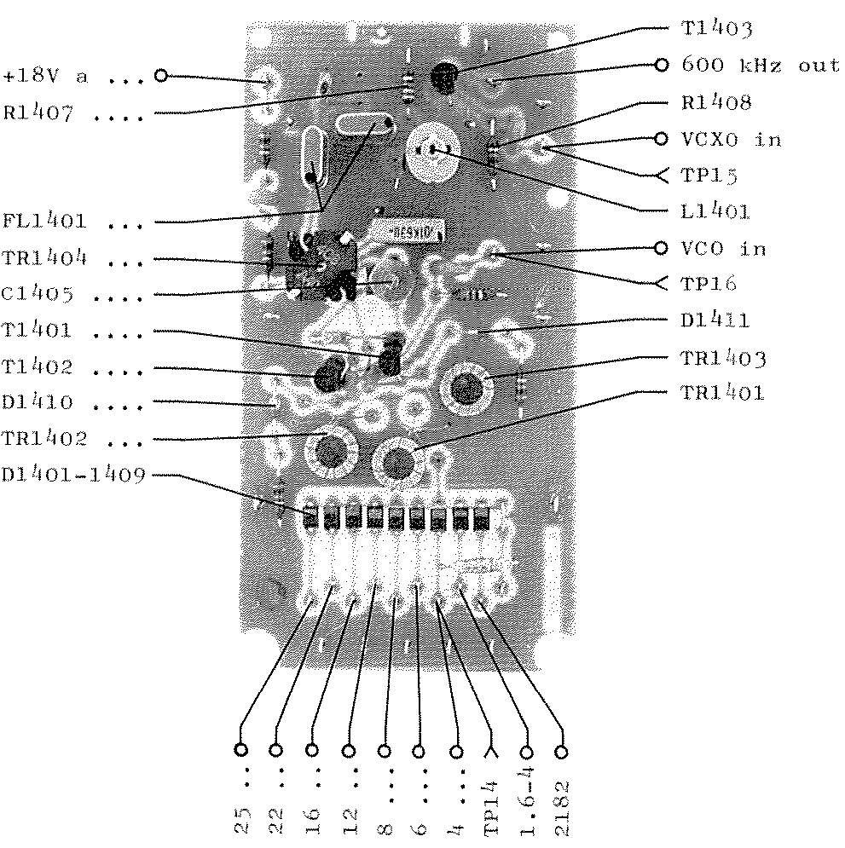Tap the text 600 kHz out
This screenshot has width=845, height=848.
[761, 66]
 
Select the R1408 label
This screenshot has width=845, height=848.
[717, 103]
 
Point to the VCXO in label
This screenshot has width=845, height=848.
[732, 139]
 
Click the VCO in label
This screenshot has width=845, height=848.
[724, 248]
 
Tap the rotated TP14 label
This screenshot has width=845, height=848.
[492, 805]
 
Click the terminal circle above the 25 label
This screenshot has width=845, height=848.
[241, 752]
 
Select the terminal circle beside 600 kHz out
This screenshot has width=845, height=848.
[661, 66]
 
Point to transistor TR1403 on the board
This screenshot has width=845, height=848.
[466, 389]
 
